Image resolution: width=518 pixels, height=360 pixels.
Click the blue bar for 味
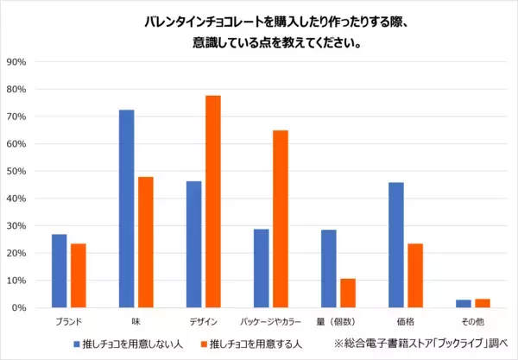coord(126,209)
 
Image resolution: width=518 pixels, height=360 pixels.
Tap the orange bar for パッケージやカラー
coord(280,219)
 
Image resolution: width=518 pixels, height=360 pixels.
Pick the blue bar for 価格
coord(395,245)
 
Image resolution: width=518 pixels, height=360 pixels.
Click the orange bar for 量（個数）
coord(347,294)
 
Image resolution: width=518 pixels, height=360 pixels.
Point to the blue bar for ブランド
coord(59,271)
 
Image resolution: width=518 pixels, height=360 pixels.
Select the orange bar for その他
coord(482,304)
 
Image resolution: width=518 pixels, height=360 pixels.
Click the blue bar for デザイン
coord(193,244)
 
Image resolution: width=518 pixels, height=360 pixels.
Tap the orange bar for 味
coord(145,243)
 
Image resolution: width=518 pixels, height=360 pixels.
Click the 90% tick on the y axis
coord(18,62)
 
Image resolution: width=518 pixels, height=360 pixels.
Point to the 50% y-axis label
coord(18,172)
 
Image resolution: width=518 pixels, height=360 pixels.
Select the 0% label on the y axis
coord(21,308)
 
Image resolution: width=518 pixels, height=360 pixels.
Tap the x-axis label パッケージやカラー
coord(270,322)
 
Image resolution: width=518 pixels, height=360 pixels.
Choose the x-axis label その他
coord(473,322)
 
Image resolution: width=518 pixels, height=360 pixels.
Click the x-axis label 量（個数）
coord(338,322)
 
